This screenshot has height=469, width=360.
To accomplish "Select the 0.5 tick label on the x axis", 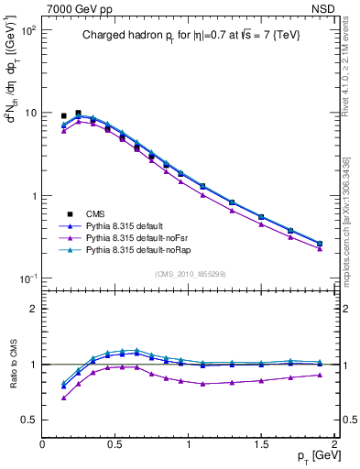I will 115,445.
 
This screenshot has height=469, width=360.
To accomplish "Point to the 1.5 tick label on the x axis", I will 261,445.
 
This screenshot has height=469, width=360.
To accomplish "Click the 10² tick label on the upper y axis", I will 27,30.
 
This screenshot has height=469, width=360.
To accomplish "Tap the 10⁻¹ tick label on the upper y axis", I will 27,279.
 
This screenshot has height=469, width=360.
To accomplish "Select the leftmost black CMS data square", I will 63,116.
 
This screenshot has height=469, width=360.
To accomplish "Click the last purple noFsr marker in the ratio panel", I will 319,375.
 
